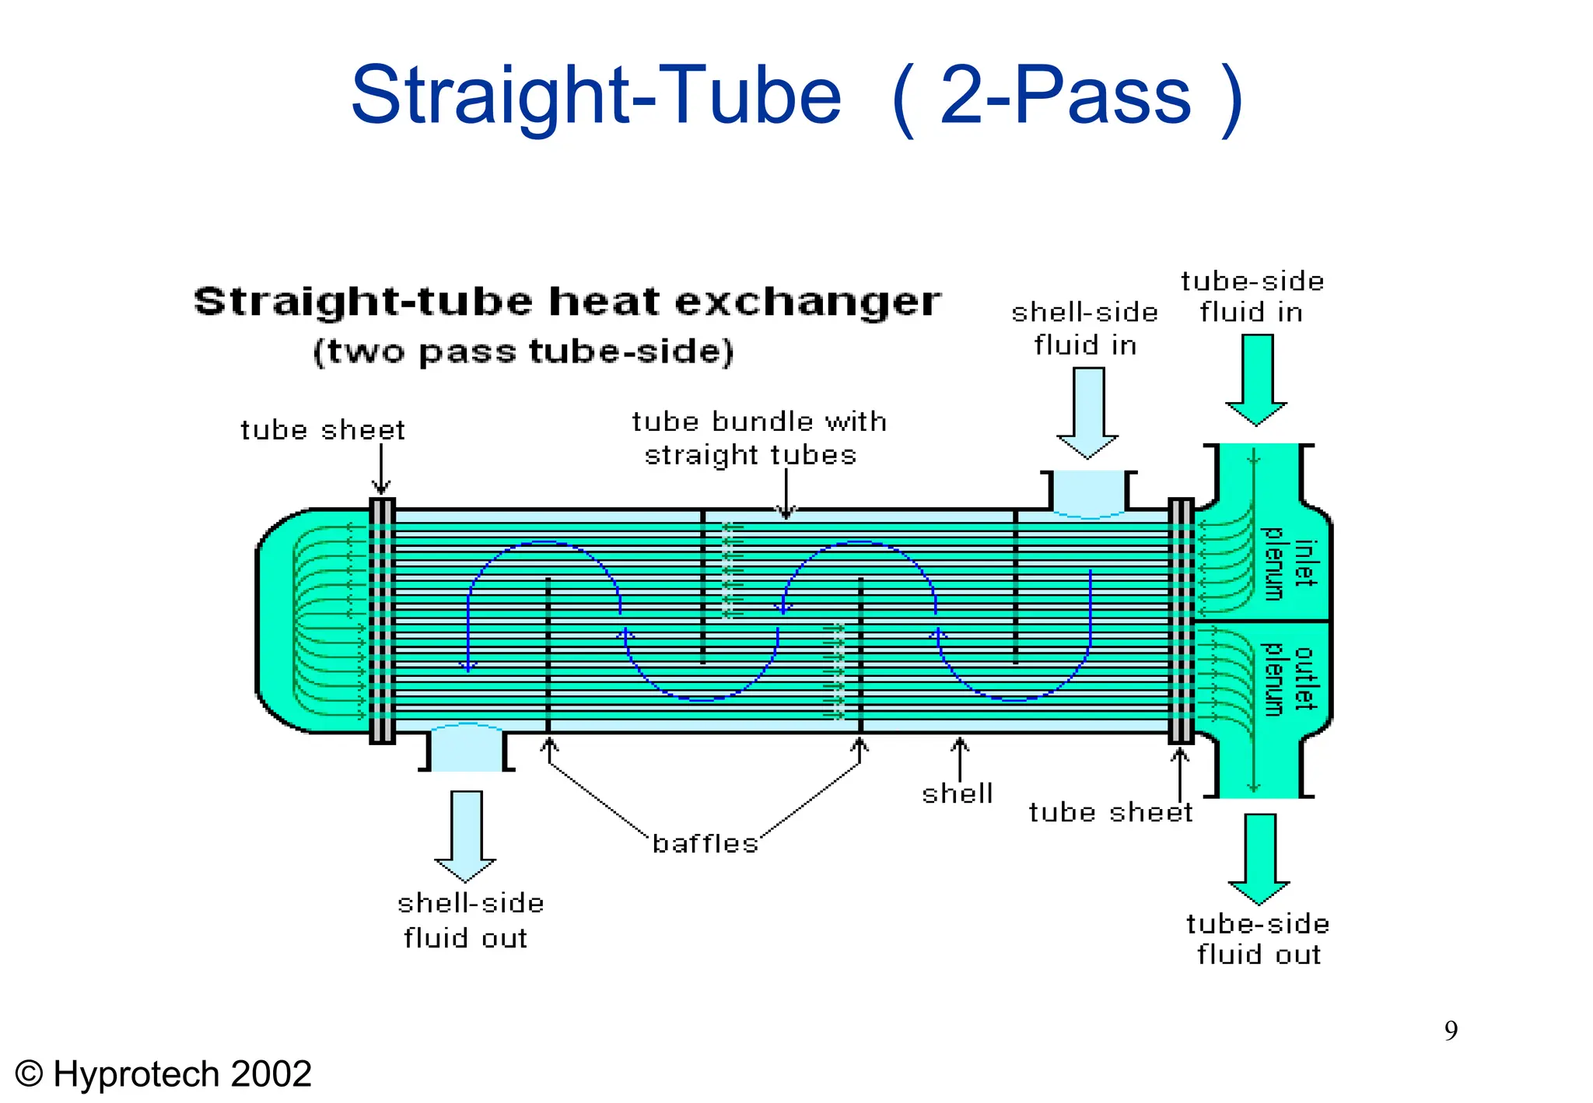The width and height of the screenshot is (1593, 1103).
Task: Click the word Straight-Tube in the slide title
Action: tap(596, 96)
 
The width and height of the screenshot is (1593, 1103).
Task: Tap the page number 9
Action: tap(1451, 1031)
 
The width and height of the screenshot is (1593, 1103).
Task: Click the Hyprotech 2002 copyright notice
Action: tap(163, 1074)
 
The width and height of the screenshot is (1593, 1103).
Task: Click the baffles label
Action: tap(705, 843)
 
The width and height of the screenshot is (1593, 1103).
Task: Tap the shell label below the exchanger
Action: tap(957, 793)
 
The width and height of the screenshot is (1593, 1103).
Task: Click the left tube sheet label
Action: tap(322, 430)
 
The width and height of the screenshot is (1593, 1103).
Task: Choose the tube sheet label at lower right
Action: tap(1110, 812)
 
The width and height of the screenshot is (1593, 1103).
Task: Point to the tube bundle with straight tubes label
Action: tap(758, 438)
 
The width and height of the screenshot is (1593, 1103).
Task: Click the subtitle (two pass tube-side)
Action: tap(523, 352)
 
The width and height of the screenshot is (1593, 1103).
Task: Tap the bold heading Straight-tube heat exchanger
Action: tap(567, 302)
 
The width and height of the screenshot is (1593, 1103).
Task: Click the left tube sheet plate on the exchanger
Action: tap(382, 621)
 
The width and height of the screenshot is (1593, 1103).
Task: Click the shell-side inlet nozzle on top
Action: tap(1088, 492)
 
